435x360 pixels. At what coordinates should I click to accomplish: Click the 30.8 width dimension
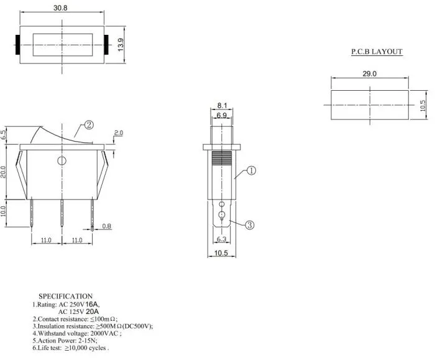click(60, 7)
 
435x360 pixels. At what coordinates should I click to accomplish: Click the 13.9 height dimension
click(121, 44)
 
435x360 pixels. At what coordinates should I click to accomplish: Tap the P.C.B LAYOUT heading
click(377, 52)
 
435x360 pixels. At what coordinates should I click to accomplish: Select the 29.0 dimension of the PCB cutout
click(370, 73)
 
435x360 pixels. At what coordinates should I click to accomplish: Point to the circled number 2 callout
click(89, 125)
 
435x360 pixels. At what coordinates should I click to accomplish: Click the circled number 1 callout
click(251, 170)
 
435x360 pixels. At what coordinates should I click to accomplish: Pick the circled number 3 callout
click(250, 225)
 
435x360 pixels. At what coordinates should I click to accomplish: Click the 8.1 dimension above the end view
click(222, 106)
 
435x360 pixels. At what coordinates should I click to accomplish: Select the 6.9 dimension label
click(221, 115)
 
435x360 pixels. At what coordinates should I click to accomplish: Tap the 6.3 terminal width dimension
click(221, 239)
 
